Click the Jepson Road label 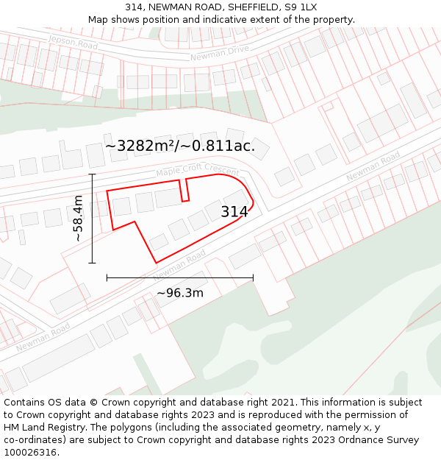tap(72, 43)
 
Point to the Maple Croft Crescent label tap(198, 170)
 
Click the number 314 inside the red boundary tap(234, 212)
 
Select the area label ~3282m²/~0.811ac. tap(180, 146)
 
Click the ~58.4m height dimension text tap(78, 218)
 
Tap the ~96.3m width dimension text tap(180, 293)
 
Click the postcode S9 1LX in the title tap(300, 7)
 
